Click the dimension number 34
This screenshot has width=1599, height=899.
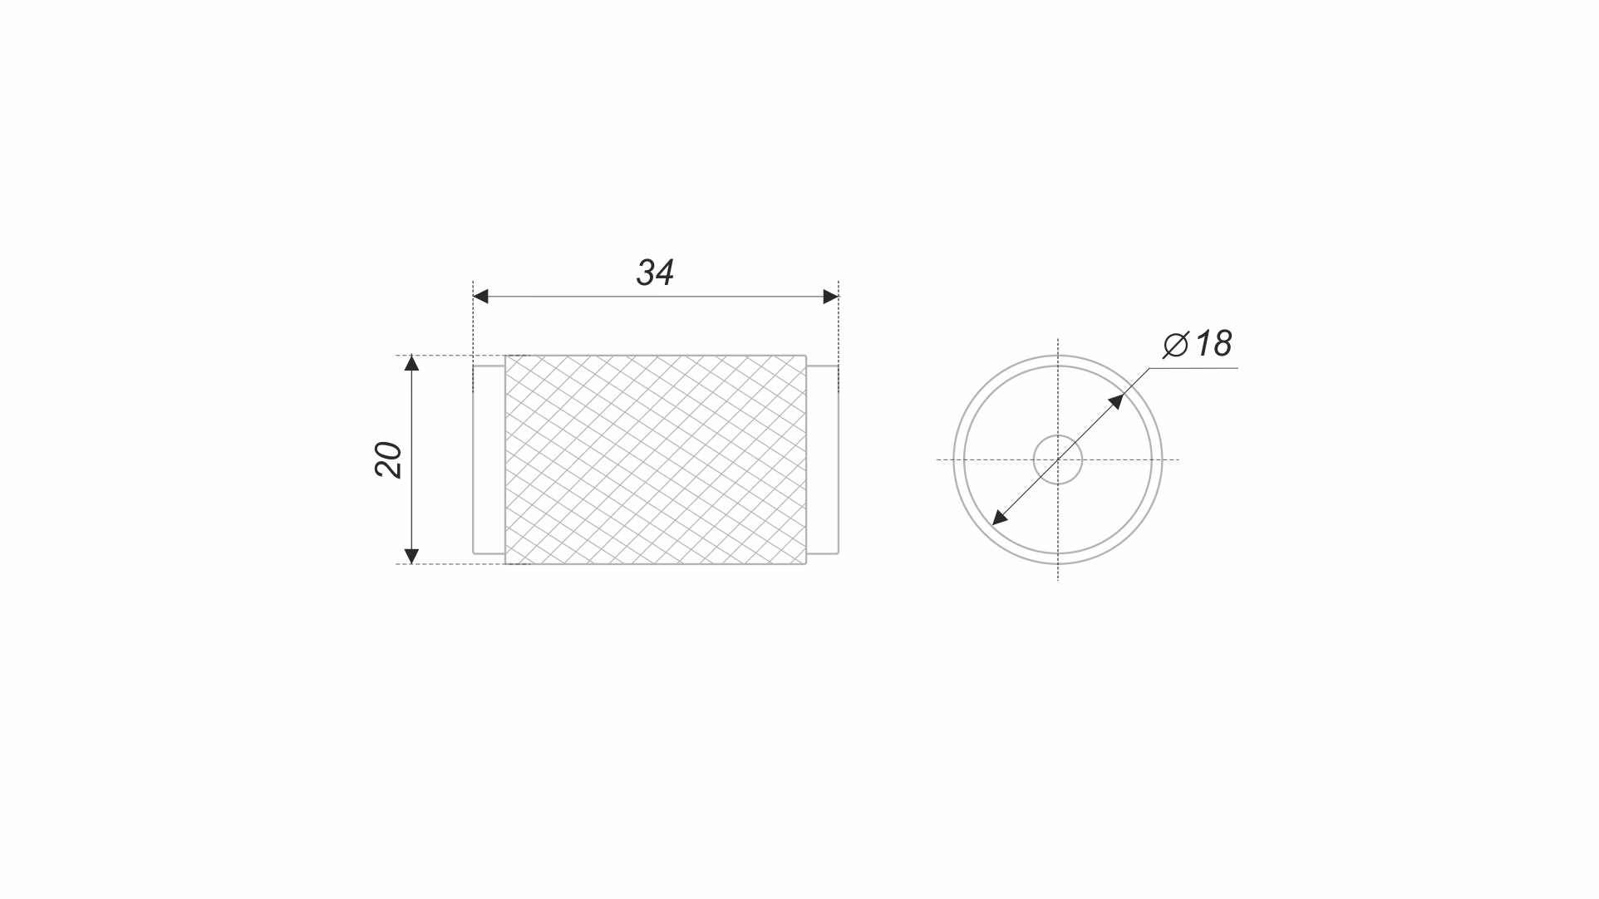coord(655,273)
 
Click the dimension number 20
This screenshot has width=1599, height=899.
coord(389,459)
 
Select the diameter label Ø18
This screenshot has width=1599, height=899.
coord(1198,344)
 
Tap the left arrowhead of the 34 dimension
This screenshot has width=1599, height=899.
coord(480,297)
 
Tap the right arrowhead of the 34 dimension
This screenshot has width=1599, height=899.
coord(830,297)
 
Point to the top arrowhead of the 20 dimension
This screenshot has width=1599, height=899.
coord(411,363)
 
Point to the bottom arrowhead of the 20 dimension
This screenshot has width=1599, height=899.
coord(411,556)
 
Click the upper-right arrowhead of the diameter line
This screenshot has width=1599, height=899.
coord(1116,401)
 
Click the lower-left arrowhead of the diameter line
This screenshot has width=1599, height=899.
coord(1000,518)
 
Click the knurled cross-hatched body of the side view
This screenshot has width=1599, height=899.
coord(655,459)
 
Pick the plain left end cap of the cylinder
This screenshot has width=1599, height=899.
coord(489,459)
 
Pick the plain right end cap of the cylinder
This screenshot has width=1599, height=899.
coord(822,459)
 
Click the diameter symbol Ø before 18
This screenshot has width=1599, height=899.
coord(1176,344)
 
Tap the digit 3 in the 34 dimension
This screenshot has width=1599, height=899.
coord(645,273)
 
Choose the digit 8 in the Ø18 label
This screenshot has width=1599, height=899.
coord(1220,344)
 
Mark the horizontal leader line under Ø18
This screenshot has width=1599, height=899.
coord(1197,367)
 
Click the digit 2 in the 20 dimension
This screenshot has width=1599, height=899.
coord(389,469)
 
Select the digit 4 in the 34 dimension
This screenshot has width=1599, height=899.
coord(664,273)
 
